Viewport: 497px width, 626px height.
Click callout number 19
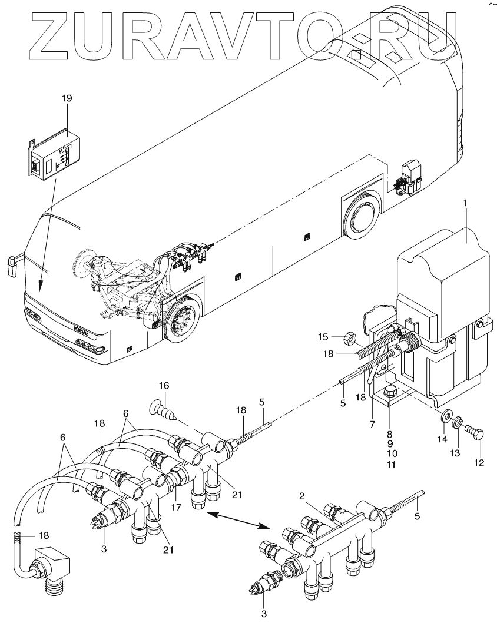67,98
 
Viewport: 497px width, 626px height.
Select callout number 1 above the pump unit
465,204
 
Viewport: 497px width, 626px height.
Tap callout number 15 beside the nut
323,337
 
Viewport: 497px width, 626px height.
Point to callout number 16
164,386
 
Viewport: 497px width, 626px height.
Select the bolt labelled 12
477,433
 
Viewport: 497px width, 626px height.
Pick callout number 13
455,452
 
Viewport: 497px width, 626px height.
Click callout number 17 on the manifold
176,507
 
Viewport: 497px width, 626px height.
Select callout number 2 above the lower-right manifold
302,496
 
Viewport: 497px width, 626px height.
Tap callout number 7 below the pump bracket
372,425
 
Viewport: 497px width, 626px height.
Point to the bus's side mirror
12,265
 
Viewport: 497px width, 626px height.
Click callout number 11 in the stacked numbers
391,464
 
